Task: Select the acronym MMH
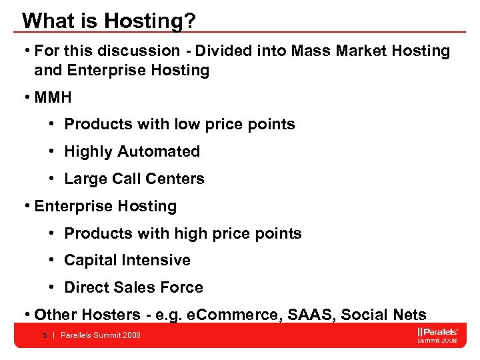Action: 53,97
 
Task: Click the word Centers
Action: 178,179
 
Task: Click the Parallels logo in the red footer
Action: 437,332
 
